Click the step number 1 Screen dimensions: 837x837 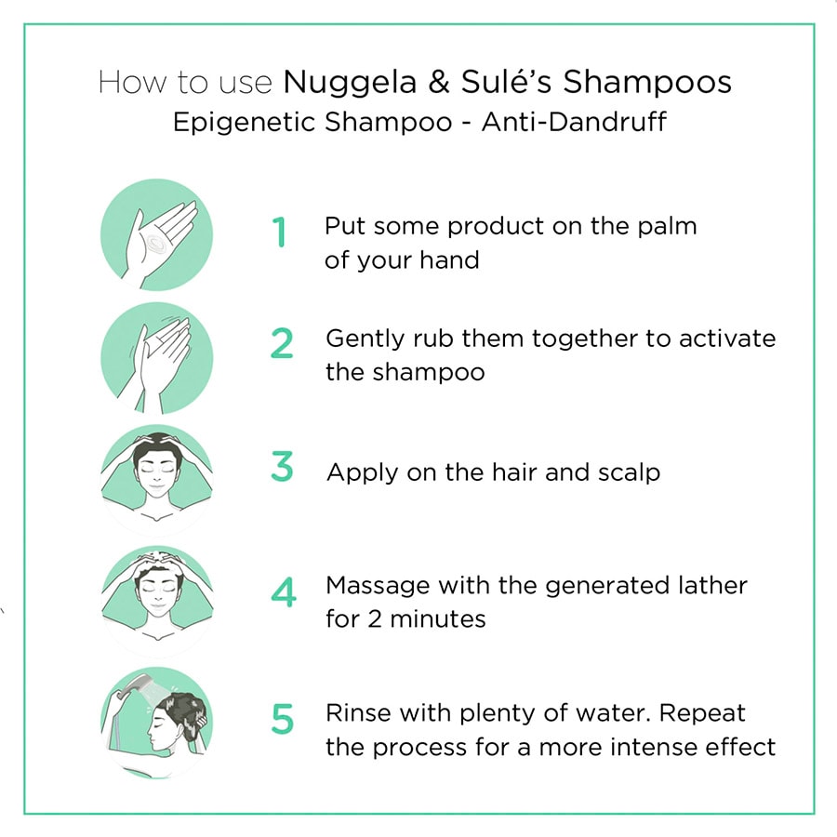coord(278,232)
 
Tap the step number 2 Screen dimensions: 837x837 coord(282,344)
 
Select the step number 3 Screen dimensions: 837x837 coord(282,467)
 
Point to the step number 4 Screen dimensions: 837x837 coord(283,593)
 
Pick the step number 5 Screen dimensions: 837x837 coord(282,719)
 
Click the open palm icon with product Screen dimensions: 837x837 coord(156,235)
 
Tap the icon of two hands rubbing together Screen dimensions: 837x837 coord(156,358)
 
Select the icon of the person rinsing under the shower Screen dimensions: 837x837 coord(156,721)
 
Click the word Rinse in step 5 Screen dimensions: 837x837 coord(356,713)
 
